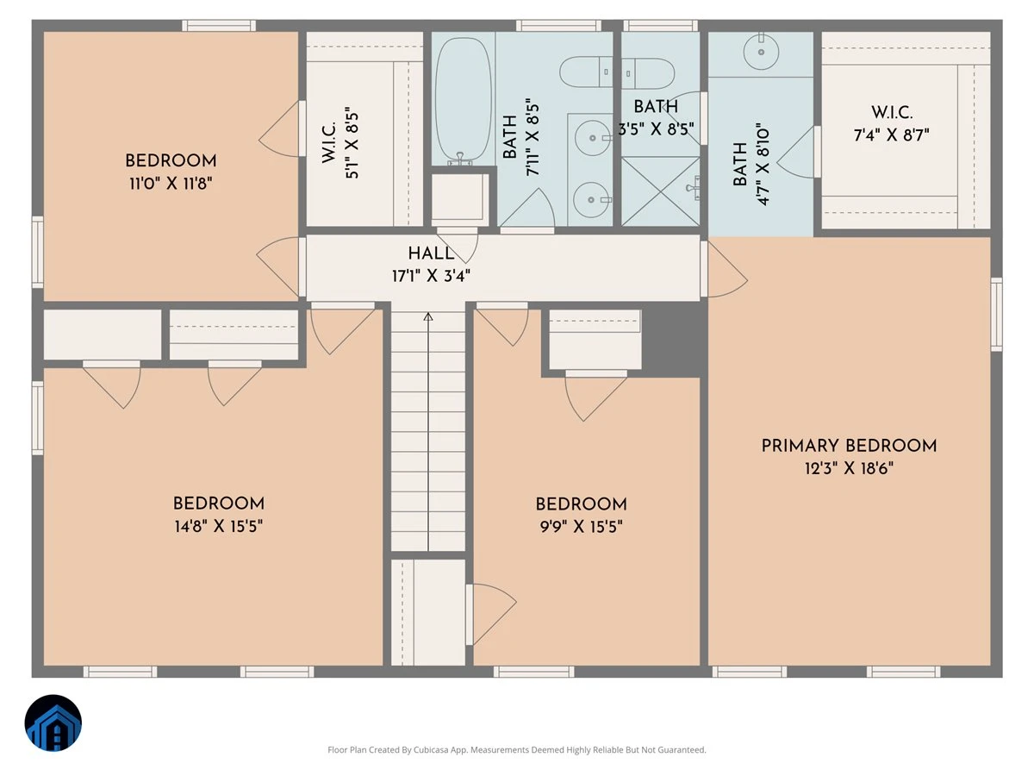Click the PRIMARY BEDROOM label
[849, 446]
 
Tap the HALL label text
[431, 253]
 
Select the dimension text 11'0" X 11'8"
[171, 183]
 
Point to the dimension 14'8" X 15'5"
[219, 526]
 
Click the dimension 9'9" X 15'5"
[582, 526]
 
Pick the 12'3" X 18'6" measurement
[849, 468]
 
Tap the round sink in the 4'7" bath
[761, 52]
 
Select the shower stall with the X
[660, 191]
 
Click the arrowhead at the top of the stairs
[427, 316]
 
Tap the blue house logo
[53, 723]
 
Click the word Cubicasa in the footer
[431, 749]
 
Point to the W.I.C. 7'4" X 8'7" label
[891, 124]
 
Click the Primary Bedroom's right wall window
[996, 314]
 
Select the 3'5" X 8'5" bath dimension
[656, 128]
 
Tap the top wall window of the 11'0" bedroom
[219, 26]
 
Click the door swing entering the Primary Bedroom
[727, 270]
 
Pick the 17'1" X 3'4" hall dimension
[431, 276]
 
